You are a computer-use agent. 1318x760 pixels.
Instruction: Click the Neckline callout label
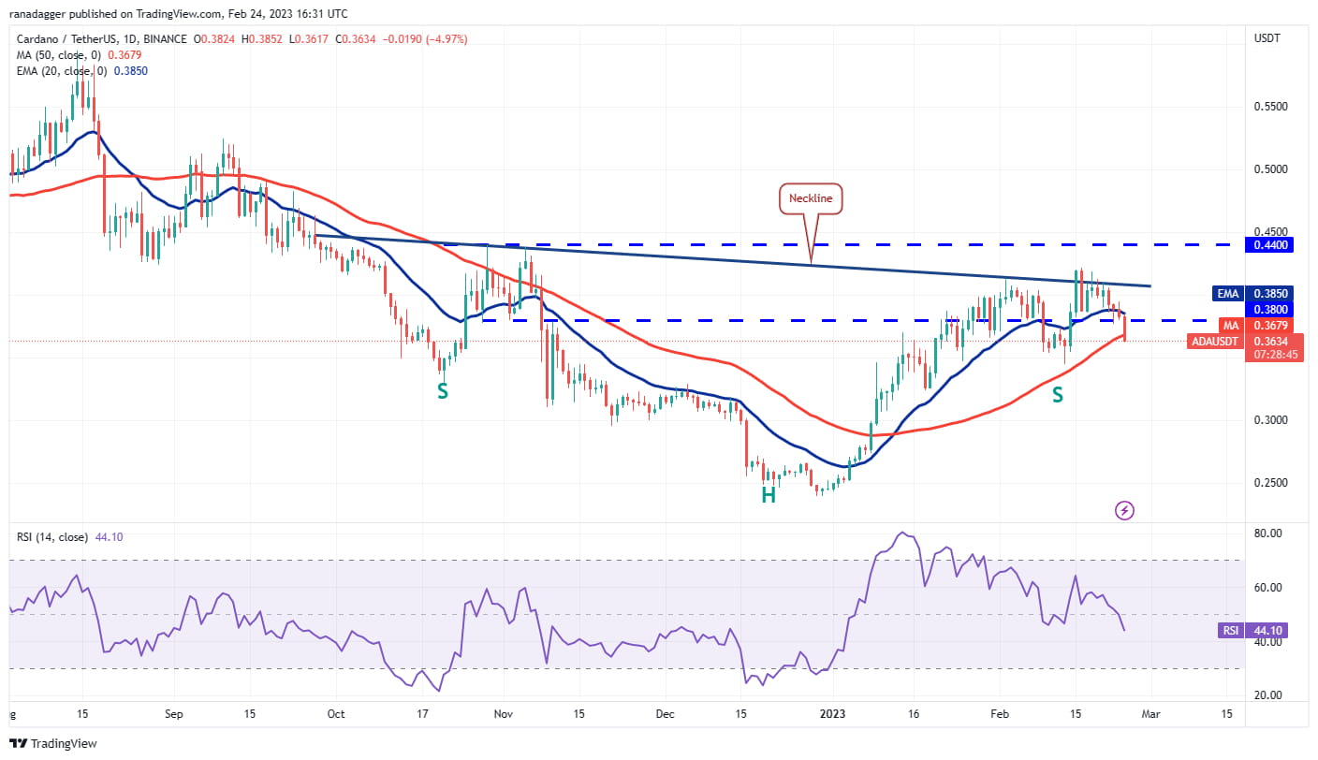(812, 198)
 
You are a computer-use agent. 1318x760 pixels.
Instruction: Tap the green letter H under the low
(768, 495)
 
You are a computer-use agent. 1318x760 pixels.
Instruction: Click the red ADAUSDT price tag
(1215, 342)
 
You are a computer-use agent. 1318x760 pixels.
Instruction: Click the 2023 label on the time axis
(832, 714)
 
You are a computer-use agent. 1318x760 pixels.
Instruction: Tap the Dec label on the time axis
(665, 714)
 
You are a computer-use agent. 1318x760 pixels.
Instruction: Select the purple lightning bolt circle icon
(1125, 510)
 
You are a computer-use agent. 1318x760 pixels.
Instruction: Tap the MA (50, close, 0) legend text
(62, 55)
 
